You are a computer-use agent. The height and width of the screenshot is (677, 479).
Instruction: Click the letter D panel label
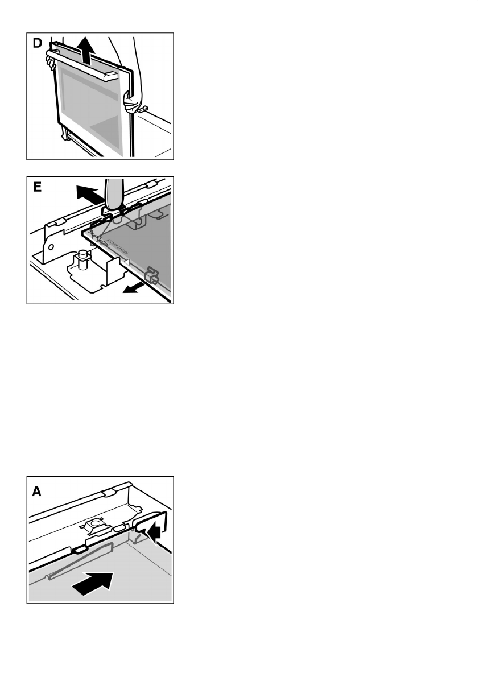(37, 44)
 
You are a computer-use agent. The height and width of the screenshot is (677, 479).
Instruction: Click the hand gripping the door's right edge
(131, 102)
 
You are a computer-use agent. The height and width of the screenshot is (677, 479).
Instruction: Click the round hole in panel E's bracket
(50, 247)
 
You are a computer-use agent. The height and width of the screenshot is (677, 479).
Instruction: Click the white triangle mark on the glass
(130, 262)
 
